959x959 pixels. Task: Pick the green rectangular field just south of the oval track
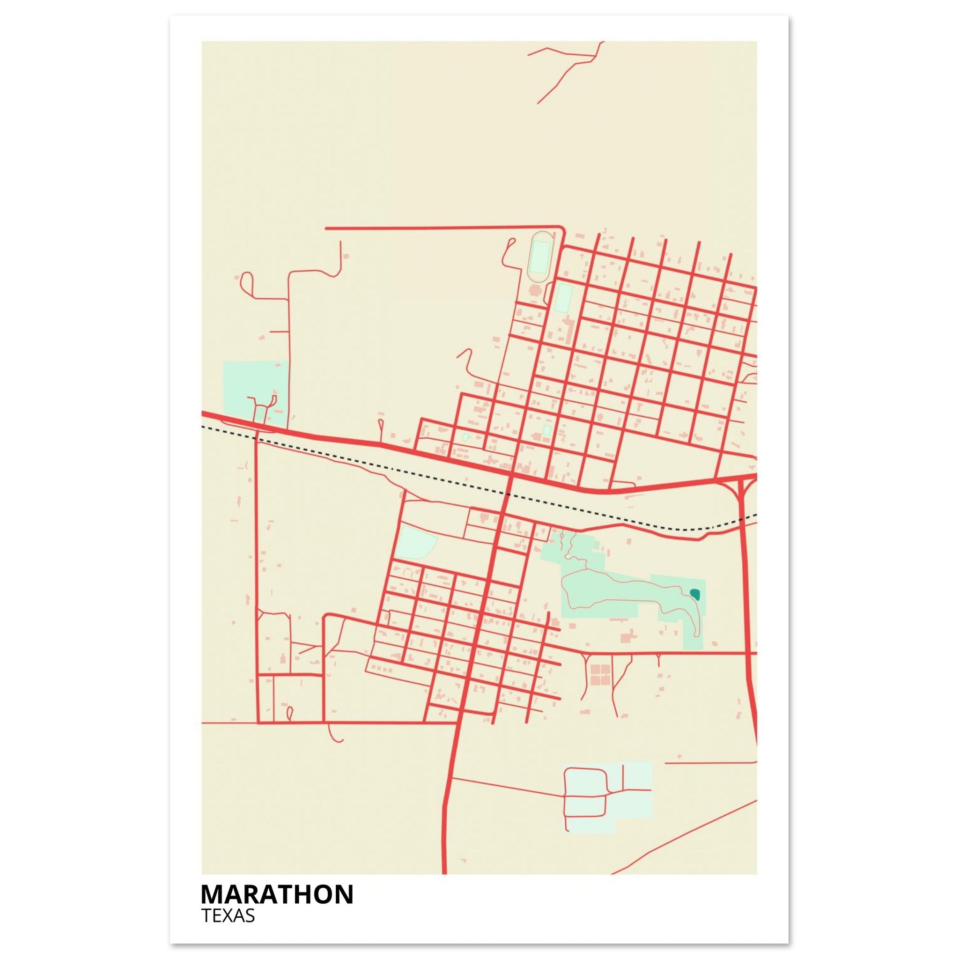(563, 298)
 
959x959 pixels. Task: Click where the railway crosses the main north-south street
(507, 494)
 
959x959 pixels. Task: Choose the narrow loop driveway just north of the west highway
(381, 428)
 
